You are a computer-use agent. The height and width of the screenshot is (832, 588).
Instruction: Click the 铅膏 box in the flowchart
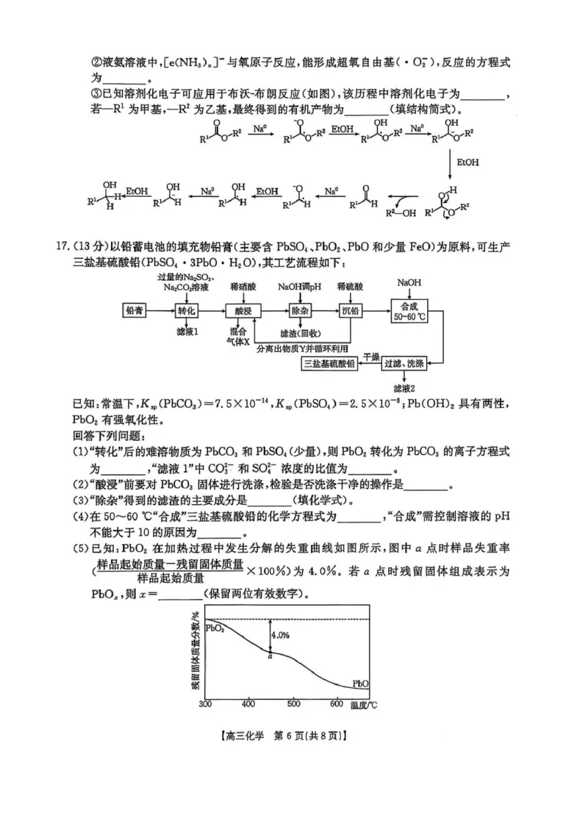pos(135,311)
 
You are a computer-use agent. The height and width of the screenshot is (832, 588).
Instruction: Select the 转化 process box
pos(187,311)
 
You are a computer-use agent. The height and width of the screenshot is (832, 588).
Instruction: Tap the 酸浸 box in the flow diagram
pos(243,311)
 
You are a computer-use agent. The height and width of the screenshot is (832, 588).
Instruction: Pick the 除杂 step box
pos(298,311)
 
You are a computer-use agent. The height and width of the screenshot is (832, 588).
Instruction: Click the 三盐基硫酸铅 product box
pos(329,363)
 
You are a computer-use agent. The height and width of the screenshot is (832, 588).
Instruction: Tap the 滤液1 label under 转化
pos(187,331)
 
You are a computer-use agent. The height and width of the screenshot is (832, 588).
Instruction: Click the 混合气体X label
pos(240,337)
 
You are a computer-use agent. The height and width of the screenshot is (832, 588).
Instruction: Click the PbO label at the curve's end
pos(360,682)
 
